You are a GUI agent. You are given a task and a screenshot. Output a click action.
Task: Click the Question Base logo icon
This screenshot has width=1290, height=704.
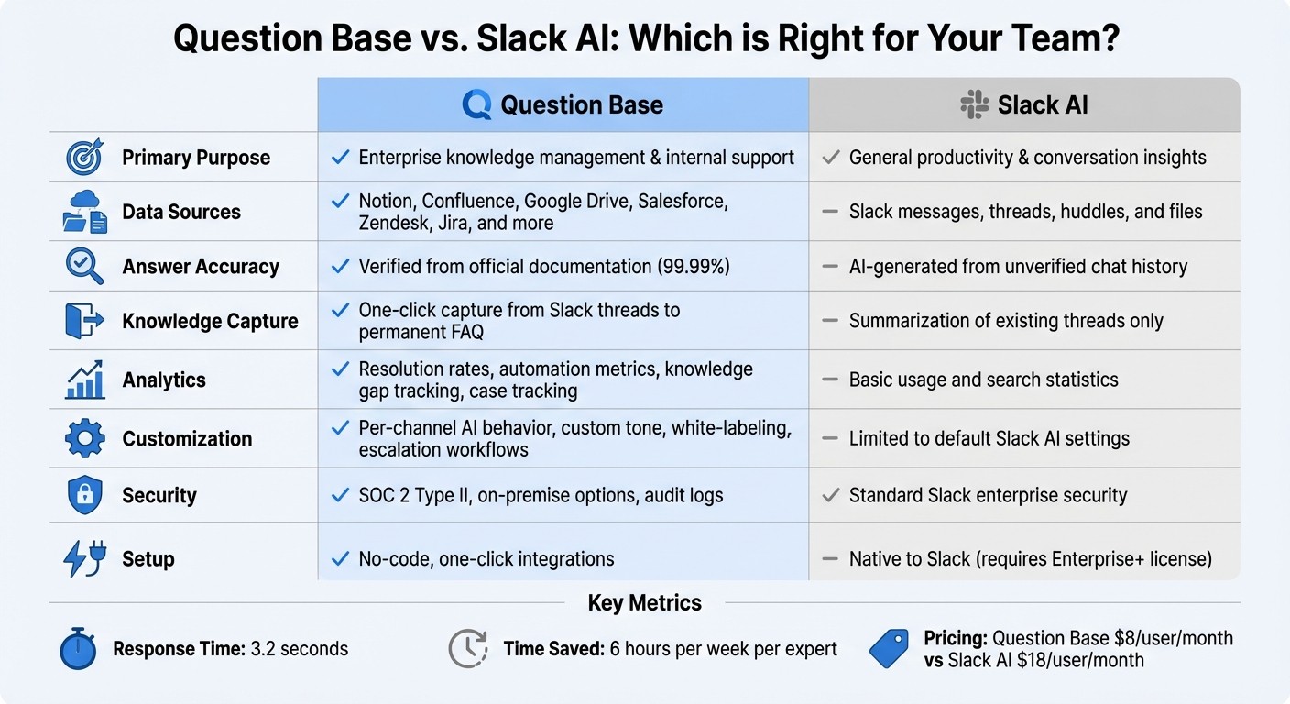click(477, 104)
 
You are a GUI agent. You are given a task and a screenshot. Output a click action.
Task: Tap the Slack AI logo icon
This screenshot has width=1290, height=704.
click(974, 104)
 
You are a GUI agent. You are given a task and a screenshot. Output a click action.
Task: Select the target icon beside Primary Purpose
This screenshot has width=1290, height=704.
click(84, 157)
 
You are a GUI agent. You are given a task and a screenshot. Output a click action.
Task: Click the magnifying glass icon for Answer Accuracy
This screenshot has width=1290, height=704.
click(84, 266)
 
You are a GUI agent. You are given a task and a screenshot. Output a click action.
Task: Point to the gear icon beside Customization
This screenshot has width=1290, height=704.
click(84, 438)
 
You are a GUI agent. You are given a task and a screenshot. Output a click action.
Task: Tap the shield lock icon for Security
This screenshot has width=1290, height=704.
click(84, 495)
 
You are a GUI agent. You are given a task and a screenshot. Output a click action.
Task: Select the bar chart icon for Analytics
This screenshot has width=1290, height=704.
click(84, 379)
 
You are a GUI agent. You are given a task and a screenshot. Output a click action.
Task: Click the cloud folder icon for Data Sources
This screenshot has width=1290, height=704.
click(84, 212)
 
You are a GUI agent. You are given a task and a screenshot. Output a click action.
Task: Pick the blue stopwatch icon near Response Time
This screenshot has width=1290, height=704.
click(77, 648)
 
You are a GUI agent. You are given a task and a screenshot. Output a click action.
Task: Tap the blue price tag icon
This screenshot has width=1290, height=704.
click(888, 649)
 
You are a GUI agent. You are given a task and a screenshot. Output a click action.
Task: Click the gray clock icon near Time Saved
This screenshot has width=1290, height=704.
click(467, 648)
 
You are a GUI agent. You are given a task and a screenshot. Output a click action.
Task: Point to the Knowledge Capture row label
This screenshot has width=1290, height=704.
click(210, 321)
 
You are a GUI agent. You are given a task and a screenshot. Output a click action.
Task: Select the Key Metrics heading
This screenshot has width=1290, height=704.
click(644, 602)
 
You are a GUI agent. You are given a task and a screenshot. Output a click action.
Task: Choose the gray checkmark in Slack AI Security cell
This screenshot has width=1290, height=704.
click(831, 495)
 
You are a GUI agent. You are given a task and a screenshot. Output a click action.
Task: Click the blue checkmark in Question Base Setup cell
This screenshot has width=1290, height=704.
click(340, 558)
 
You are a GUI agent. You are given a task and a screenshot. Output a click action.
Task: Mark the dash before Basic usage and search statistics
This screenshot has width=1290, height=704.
click(830, 379)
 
